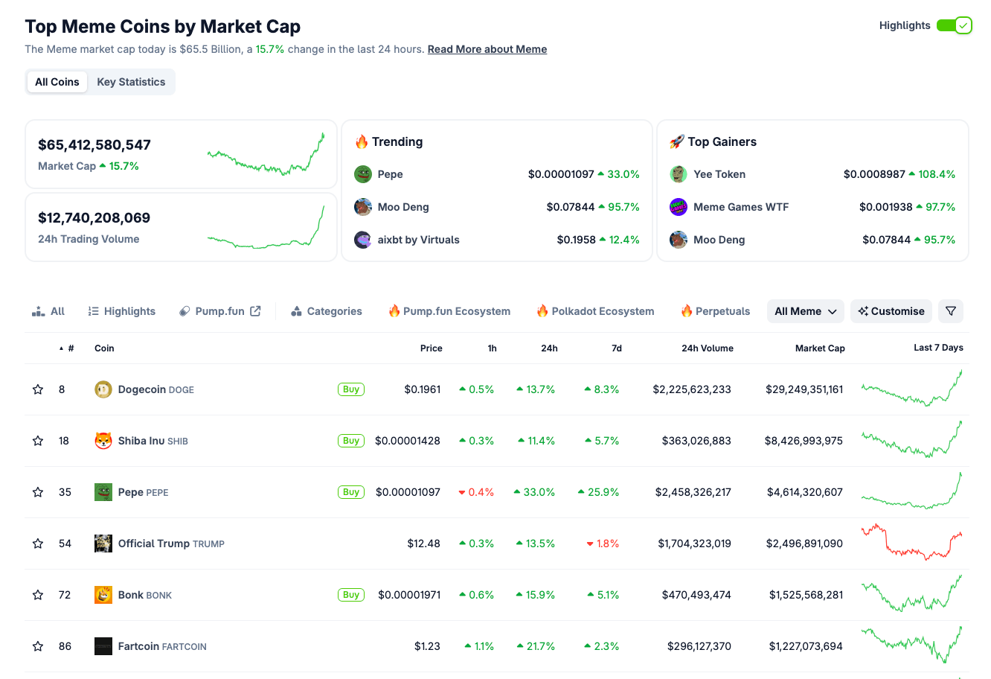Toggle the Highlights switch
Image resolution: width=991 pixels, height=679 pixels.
click(x=954, y=25)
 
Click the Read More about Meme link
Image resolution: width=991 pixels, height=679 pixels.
click(x=487, y=49)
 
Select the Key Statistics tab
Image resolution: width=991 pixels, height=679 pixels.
click(x=131, y=82)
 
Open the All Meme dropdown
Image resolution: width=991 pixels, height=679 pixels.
click(x=805, y=311)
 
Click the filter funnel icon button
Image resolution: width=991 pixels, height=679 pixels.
click(x=951, y=311)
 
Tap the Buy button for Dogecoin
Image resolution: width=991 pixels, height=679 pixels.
click(x=351, y=389)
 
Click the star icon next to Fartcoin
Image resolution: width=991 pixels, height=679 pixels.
click(x=38, y=646)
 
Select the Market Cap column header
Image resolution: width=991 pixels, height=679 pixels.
click(x=819, y=348)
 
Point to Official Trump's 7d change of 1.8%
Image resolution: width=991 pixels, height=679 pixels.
click(x=603, y=543)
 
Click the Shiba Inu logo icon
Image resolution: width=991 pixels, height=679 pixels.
click(x=103, y=441)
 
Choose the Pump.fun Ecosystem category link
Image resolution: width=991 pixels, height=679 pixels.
click(x=449, y=311)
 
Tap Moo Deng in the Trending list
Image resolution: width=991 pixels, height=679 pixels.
click(x=403, y=207)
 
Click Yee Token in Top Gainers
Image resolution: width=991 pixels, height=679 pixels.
click(x=719, y=174)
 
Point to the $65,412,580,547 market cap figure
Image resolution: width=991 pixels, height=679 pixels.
click(x=94, y=145)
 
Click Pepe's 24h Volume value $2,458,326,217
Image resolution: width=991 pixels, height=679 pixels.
click(x=693, y=492)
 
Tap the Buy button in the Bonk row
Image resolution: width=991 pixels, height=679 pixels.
click(x=351, y=595)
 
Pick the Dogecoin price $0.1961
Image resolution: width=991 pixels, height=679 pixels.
click(x=422, y=389)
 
